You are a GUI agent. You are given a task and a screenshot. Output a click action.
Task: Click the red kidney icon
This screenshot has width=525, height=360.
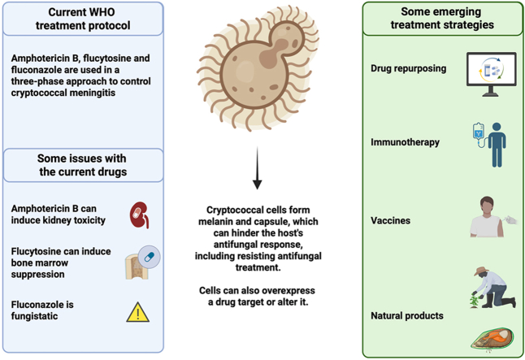coord(139,215)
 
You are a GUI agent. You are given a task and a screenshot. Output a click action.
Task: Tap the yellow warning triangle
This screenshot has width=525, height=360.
coord(138,312)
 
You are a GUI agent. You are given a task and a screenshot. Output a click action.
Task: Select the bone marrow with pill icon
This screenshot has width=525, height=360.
coord(142,262)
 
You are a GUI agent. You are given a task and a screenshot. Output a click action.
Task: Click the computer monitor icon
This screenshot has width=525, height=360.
coord(491,74)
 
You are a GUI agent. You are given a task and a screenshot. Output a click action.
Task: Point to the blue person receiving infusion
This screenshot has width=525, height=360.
coord(497,145)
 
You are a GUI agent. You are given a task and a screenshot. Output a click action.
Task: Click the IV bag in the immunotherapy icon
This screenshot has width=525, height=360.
coord(478,132)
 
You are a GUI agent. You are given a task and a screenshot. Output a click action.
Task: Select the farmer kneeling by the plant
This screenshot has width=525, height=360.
coord(493,288)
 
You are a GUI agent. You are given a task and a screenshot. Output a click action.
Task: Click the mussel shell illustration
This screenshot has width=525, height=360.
coord(492,339)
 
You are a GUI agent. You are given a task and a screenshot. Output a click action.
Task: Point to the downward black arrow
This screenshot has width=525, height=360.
coord(257,168)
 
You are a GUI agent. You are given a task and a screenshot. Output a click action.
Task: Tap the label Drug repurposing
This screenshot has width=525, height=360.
coord(409,68)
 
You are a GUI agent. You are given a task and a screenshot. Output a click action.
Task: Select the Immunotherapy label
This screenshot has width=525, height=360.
coord(406,142)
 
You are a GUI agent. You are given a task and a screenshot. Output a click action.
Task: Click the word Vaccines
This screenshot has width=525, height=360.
coord(390,220)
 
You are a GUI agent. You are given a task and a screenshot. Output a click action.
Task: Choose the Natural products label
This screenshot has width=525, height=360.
coord(407,315)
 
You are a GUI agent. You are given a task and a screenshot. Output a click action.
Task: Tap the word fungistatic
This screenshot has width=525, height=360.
coord(34,316)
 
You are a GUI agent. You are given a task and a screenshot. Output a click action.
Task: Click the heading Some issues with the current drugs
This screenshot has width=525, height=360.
coord(82,165)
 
